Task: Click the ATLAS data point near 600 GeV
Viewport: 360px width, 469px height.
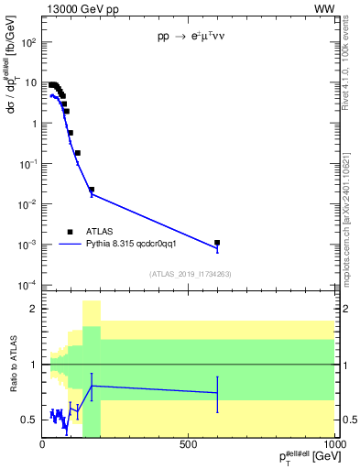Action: coord(217,243)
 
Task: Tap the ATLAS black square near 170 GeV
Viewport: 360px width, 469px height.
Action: coord(92,190)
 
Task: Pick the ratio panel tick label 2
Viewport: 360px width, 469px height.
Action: coord(33,309)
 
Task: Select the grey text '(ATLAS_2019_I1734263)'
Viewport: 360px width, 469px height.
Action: coord(189,274)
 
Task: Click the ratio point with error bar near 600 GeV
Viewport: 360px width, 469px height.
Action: coord(217,392)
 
